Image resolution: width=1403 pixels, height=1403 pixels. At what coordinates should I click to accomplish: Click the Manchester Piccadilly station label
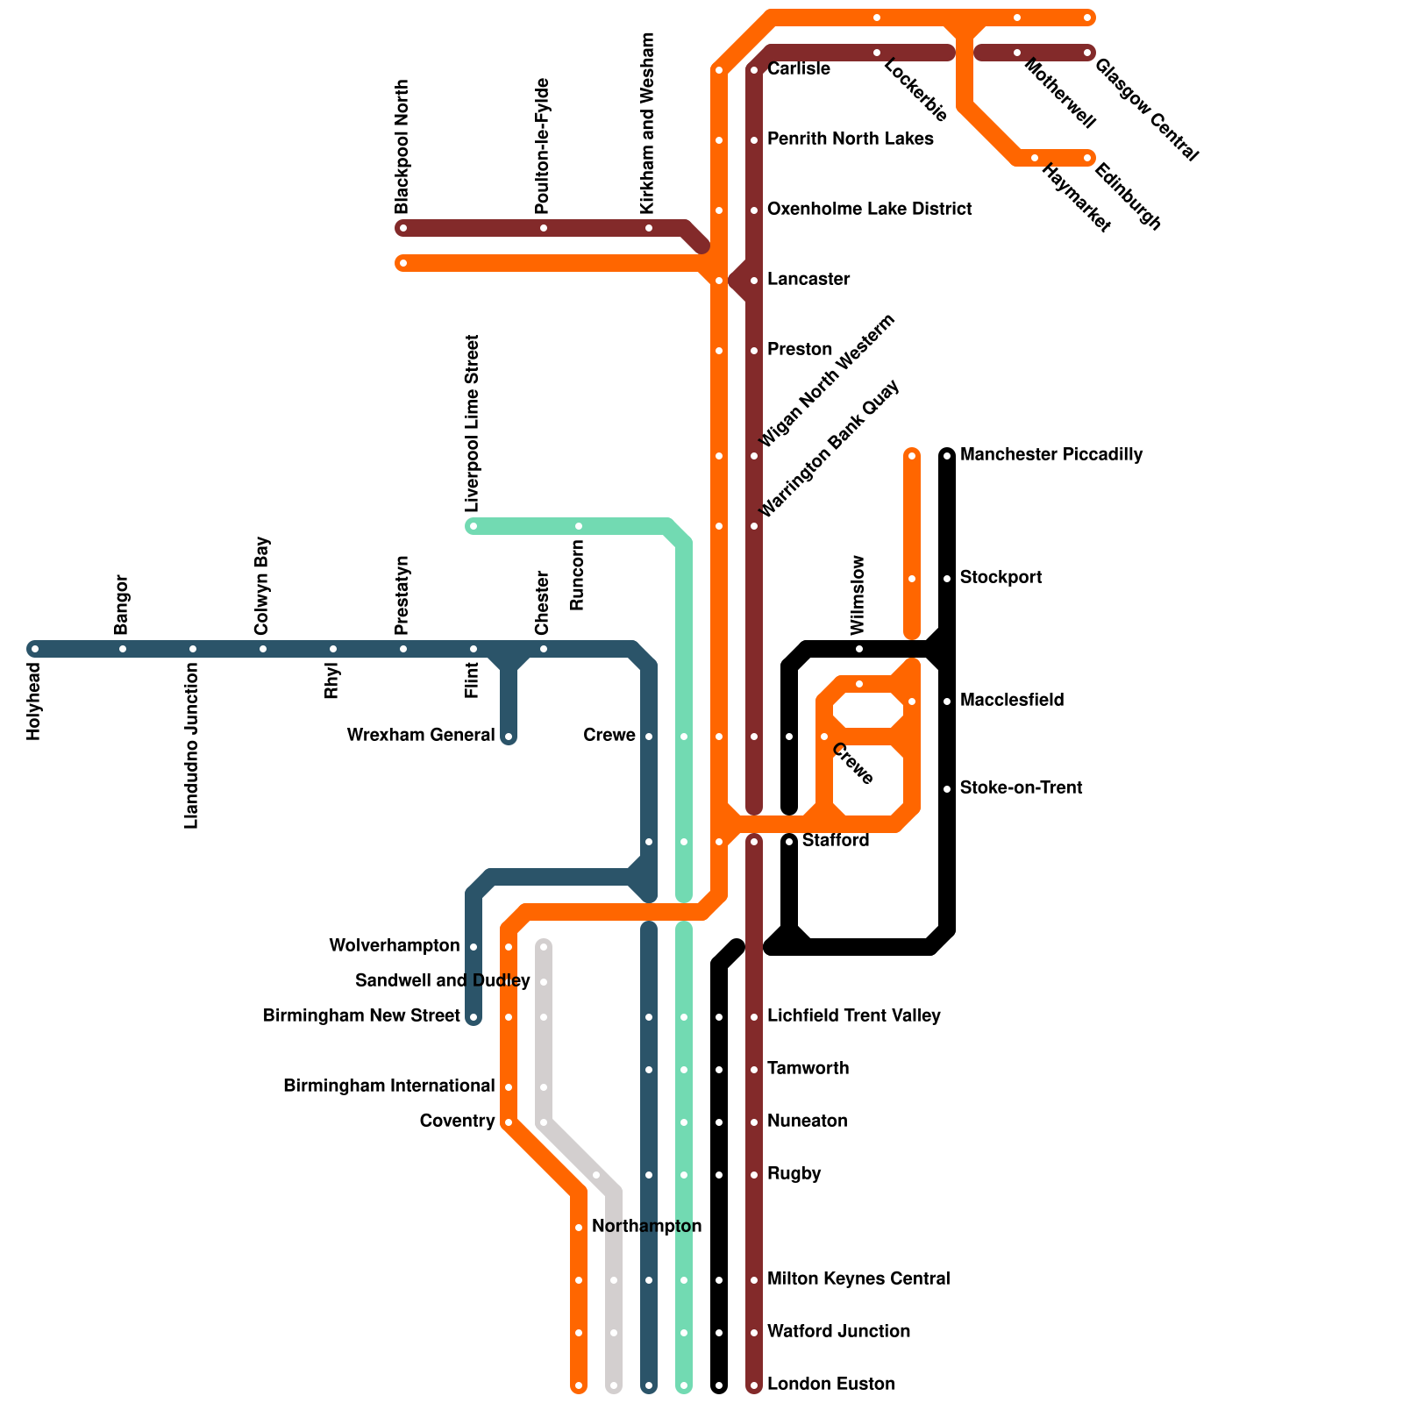[x=1050, y=454]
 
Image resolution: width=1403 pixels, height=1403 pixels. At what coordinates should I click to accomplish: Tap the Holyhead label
[x=34, y=701]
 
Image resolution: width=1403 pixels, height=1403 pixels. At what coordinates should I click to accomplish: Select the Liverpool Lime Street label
[x=473, y=424]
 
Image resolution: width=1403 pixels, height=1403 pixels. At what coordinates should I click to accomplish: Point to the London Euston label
[x=830, y=1384]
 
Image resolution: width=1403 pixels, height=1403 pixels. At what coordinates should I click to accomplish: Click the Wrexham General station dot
[x=509, y=737]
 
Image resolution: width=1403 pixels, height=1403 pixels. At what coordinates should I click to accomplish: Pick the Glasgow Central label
[x=1146, y=110]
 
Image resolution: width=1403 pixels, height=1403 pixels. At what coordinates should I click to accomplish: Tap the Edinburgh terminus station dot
[x=1087, y=158]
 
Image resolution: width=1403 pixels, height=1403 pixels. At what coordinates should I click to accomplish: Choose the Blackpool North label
[x=402, y=146]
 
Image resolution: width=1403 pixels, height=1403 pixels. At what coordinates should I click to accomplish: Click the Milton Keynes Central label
[x=858, y=1278]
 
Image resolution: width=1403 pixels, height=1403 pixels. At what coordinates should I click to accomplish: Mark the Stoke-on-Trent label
[x=1021, y=787]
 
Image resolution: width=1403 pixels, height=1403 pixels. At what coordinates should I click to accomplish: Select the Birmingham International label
[x=389, y=1086]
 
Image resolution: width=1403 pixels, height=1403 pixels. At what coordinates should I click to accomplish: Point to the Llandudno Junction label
[x=192, y=745]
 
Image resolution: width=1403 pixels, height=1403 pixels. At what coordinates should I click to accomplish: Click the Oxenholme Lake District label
[x=869, y=209]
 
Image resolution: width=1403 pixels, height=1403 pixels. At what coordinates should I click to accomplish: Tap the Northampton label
[x=646, y=1226]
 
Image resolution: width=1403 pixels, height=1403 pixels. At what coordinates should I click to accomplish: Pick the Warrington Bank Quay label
[x=829, y=449]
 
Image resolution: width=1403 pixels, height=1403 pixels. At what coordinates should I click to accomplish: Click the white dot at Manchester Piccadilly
[x=947, y=456]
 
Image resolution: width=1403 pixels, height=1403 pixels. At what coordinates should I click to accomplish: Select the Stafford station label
[x=835, y=840]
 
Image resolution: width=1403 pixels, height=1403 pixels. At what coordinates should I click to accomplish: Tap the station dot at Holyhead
[x=35, y=649]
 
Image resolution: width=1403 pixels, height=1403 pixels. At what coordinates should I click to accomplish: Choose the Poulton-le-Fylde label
[x=543, y=146]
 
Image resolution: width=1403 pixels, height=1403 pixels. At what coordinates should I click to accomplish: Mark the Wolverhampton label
[x=395, y=945]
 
